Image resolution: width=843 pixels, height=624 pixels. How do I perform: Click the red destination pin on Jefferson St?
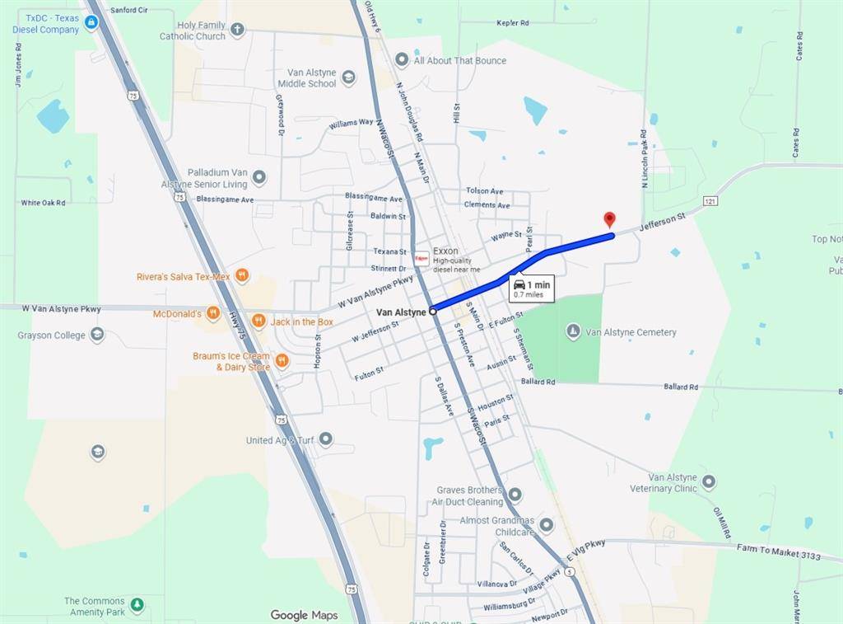tap(609, 219)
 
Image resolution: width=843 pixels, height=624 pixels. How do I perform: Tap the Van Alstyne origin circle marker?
tap(433, 312)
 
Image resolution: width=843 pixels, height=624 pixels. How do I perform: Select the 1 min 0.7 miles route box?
tap(531, 288)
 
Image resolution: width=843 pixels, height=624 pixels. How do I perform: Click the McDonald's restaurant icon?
tap(212, 313)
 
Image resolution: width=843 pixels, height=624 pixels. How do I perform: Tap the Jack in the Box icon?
tap(258, 321)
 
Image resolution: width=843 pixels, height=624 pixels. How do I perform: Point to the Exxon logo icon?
tap(421, 256)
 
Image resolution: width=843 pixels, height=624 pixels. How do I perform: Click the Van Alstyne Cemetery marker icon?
tap(574, 331)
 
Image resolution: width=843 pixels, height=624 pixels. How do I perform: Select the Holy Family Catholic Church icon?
tap(237, 30)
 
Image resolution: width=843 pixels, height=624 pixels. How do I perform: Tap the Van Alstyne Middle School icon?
tap(348, 77)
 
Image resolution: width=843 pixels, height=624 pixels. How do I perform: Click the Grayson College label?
tap(51, 335)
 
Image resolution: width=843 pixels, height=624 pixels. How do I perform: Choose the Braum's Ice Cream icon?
tap(282, 360)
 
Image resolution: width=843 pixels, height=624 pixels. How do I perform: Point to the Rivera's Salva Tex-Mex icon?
tap(241, 275)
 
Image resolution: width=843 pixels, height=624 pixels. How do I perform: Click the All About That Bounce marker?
tap(402, 59)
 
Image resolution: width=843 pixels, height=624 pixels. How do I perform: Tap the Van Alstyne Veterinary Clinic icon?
tap(708, 481)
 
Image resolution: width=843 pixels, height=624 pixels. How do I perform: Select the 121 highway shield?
tap(710, 201)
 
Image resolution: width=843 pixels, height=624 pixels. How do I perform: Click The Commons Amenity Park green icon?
tap(137, 606)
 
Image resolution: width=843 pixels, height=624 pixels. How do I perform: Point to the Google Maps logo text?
tap(304, 615)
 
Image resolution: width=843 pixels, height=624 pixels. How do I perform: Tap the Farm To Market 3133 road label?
tap(778, 552)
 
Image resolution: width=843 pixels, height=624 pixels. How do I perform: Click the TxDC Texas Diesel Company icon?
tap(91, 22)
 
